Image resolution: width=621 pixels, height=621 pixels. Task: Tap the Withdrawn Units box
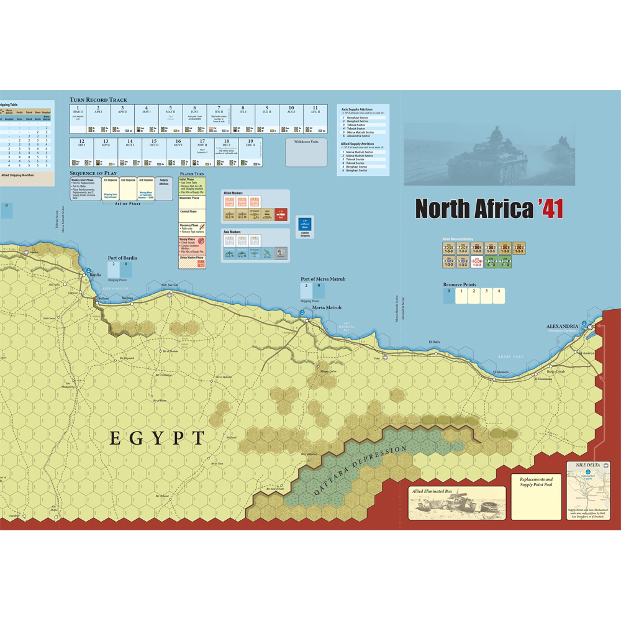[x=306, y=152]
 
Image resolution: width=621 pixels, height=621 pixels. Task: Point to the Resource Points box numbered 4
[x=498, y=296]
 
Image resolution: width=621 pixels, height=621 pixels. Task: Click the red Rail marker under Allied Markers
[x=281, y=215]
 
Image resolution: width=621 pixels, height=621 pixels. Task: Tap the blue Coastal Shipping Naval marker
[x=305, y=226]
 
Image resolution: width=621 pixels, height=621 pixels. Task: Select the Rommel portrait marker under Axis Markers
[x=281, y=253]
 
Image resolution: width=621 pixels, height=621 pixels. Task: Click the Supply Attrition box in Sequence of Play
[x=164, y=188]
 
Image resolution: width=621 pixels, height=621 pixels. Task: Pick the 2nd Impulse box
[x=128, y=188]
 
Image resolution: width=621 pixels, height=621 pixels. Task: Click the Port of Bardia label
[x=122, y=258]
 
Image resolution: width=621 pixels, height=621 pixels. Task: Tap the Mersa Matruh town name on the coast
[x=327, y=307]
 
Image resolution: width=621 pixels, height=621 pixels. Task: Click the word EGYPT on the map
[x=157, y=438]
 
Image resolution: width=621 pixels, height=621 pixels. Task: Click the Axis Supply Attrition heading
[x=357, y=109]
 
